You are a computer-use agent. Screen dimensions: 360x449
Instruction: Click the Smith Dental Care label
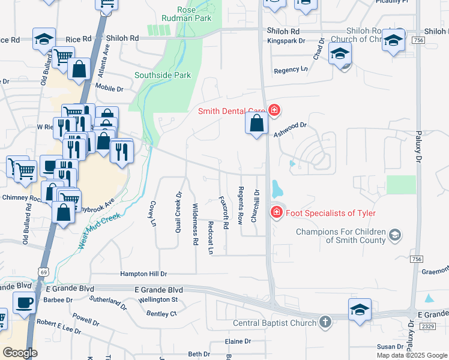(x=232, y=110)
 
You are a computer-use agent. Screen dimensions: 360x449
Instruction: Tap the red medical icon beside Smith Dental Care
(x=274, y=110)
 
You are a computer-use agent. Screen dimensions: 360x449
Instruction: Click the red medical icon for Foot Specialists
(x=276, y=212)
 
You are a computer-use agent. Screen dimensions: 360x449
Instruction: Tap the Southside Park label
(x=162, y=75)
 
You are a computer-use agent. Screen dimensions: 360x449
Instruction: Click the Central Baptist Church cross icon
(x=325, y=322)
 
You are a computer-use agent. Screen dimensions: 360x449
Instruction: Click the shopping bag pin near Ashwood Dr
(x=256, y=124)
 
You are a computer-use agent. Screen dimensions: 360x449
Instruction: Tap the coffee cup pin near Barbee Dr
(x=23, y=302)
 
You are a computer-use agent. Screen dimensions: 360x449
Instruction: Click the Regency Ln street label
(x=291, y=70)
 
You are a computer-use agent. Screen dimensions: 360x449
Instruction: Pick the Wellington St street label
(x=158, y=299)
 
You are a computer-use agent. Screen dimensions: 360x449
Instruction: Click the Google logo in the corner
(x=20, y=353)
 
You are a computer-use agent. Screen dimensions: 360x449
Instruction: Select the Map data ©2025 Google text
(x=411, y=355)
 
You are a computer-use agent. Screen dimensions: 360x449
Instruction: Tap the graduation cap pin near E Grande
(x=360, y=310)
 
